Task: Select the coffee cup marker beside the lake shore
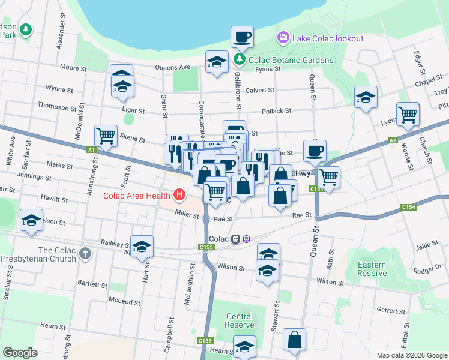tap(243, 37)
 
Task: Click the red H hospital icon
tap(179, 194)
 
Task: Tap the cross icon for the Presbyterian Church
tap(85, 254)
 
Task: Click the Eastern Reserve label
tap(372, 269)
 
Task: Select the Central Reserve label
tap(240, 320)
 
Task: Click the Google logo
tap(20, 353)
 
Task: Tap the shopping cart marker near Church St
tap(408, 113)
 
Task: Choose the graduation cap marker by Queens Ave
tap(217, 61)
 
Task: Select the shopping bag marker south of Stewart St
tap(294, 340)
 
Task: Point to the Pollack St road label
tap(276, 111)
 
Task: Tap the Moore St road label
tap(73, 68)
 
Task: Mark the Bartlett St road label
tap(92, 283)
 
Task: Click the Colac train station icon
tap(236, 239)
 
